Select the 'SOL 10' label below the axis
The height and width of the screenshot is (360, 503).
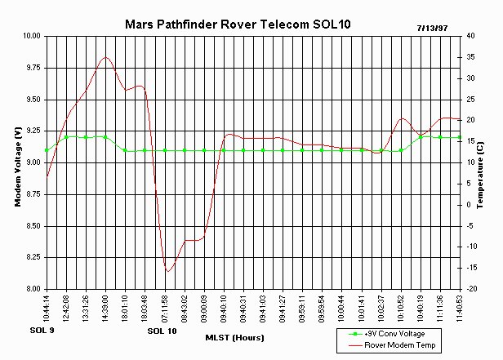coord(162,332)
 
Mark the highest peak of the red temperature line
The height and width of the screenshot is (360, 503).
coord(105,57)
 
